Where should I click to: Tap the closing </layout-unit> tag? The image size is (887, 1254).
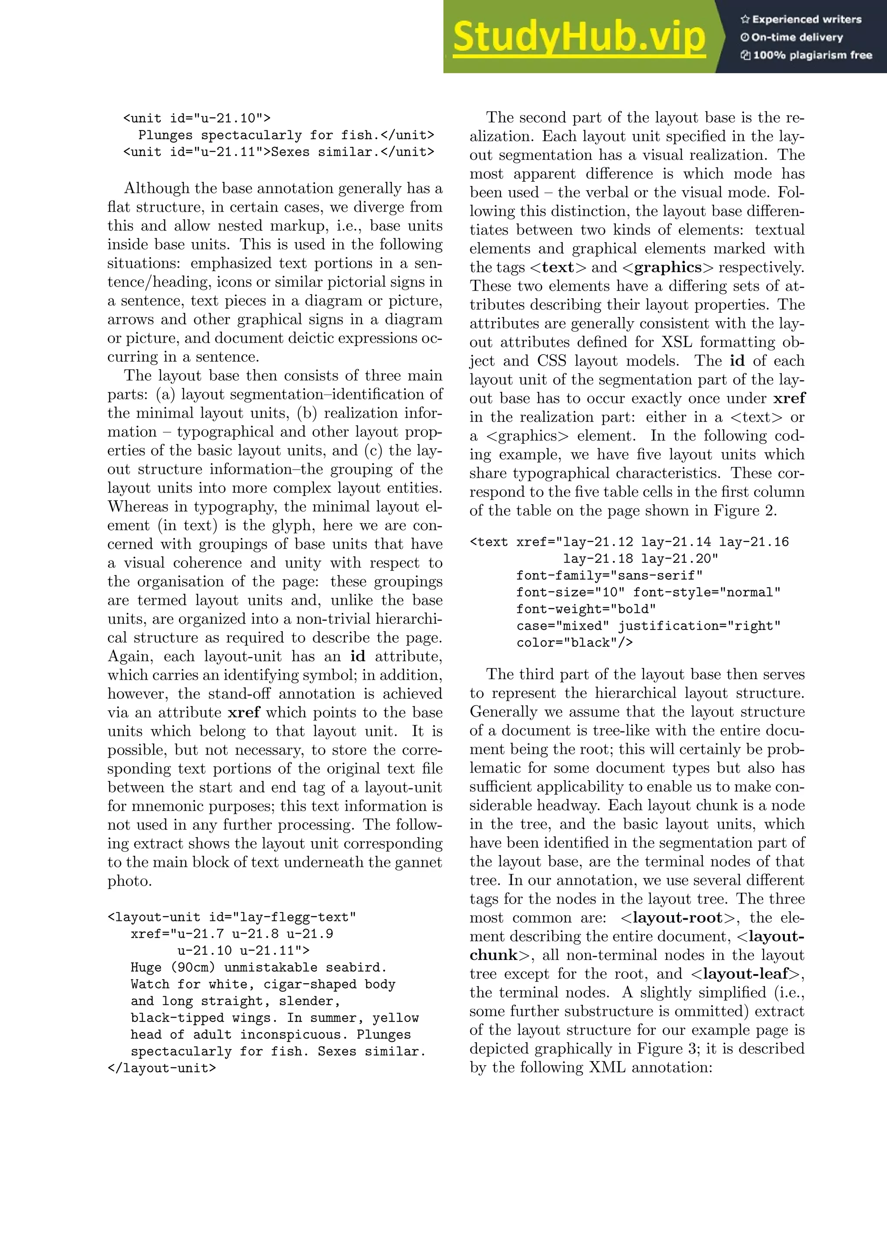162,1068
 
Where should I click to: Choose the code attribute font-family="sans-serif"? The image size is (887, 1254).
609,576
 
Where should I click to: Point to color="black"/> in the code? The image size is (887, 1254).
575,643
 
